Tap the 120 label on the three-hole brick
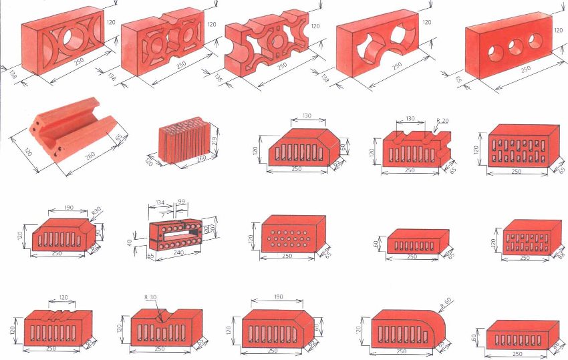click(x=558, y=30)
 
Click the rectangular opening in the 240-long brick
click(x=178, y=234)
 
